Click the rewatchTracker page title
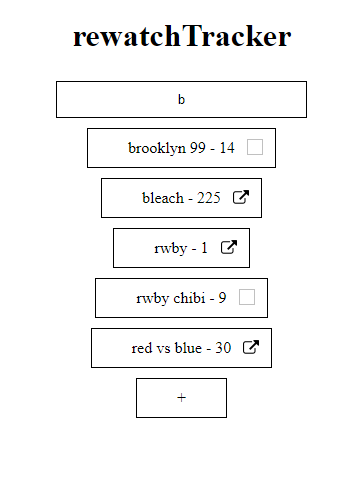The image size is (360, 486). [182, 36]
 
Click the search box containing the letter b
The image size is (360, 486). [181, 99]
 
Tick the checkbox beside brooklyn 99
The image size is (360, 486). [255, 147]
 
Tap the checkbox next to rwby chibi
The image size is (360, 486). [247, 297]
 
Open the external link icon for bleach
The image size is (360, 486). [241, 197]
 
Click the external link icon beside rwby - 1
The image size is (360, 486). [229, 247]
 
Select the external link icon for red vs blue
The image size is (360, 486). [251, 347]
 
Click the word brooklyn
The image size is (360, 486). [157, 148]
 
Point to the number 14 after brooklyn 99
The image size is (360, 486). [227, 148]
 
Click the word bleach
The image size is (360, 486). [163, 198]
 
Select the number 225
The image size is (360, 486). [209, 198]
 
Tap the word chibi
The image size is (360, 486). [189, 298]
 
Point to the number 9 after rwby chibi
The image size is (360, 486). [222, 298]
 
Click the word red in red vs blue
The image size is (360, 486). [142, 348]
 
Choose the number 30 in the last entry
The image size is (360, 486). [223, 348]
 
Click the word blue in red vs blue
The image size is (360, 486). [188, 348]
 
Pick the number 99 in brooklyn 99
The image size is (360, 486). [198, 148]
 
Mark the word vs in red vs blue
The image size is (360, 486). [164, 349]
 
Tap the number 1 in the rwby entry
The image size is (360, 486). [204, 248]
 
